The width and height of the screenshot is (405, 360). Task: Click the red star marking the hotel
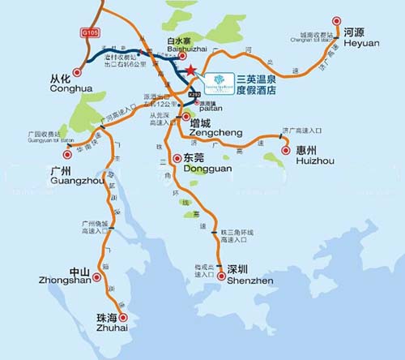(190, 72)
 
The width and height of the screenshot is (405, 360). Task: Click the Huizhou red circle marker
(285, 149)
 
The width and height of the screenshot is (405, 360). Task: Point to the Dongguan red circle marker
(177, 158)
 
